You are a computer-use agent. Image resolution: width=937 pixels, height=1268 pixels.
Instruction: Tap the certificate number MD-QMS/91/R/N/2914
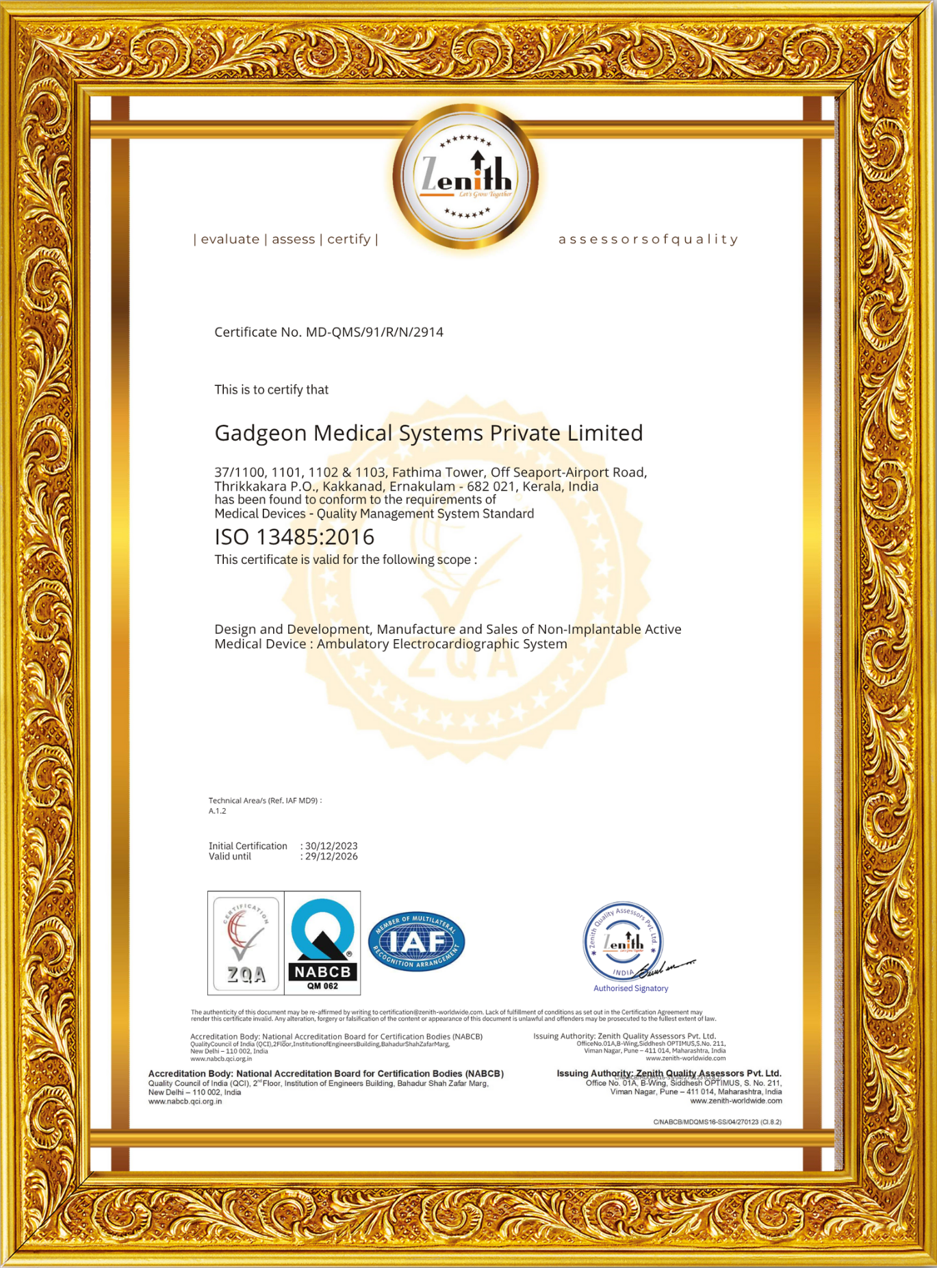[x=374, y=332]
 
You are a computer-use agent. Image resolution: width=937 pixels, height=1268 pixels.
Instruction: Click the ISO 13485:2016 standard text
[x=294, y=537]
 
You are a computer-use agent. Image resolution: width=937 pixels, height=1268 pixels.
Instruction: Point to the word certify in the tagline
[x=348, y=239]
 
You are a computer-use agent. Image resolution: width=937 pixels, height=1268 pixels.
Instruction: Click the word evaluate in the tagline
[x=230, y=239]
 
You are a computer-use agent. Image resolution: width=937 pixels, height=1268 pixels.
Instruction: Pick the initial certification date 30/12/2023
[x=331, y=846]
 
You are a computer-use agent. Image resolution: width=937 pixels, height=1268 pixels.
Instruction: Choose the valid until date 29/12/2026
[x=331, y=857]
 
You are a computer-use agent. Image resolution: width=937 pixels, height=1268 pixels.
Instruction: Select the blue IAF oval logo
[x=416, y=942]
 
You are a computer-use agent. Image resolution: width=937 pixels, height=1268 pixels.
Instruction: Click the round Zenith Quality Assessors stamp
[x=622, y=942]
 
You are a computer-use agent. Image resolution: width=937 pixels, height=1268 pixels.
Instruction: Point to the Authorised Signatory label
[x=630, y=988]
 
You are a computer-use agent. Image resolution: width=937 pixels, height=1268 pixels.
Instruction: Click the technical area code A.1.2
[x=218, y=811]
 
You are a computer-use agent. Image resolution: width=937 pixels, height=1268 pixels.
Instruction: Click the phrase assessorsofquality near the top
[x=648, y=239]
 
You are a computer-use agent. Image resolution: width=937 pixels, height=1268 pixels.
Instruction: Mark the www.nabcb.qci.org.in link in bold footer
[x=185, y=1101]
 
